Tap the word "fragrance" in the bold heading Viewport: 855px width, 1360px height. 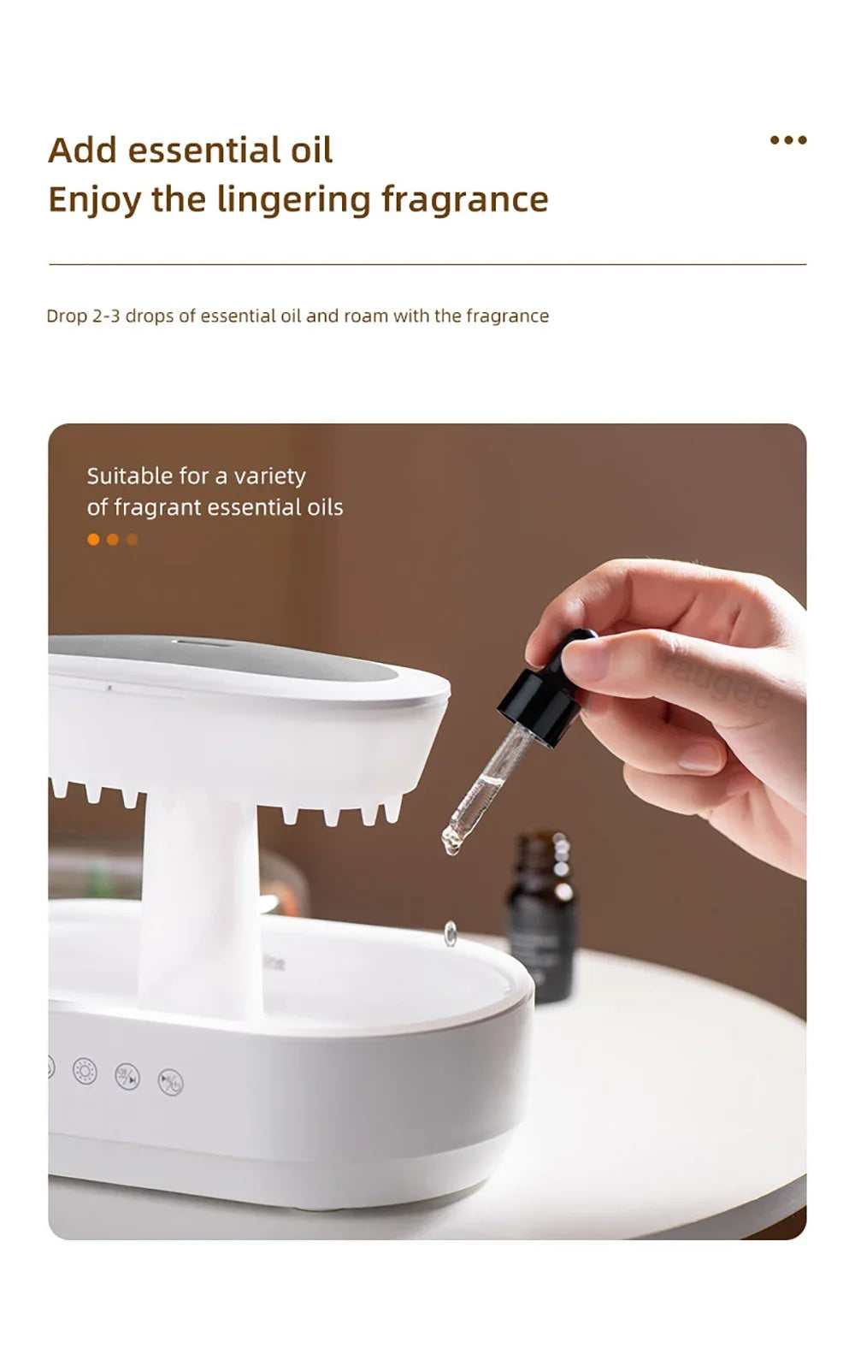tap(464, 199)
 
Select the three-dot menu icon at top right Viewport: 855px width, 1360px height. tap(787, 140)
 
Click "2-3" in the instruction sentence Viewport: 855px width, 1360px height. tap(106, 316)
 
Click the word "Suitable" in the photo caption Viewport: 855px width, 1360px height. tap(129, 476)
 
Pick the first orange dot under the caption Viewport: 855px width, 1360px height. tap(93, 540)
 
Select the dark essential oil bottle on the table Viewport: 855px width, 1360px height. tap(541, 919)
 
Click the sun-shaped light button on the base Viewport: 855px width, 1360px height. tap(85, 1071)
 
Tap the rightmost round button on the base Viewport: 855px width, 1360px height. tap(170, 1082)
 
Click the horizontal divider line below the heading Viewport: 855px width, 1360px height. tap(427, 265)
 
